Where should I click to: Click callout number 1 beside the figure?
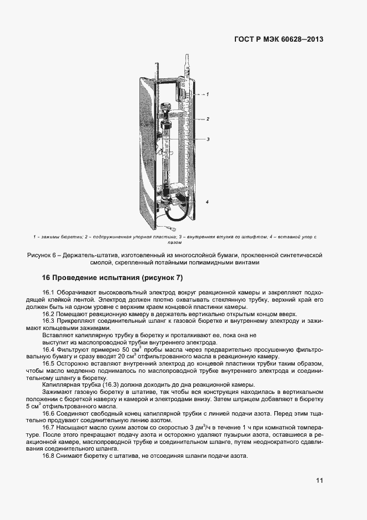[x=207, y=95]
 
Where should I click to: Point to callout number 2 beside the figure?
[x=207, y=119]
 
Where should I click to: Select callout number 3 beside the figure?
[x=207, y=139]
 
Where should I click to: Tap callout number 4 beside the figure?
[x=207, y=202]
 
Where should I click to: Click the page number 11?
[x=319, y=481]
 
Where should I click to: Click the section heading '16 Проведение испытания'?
[x=91, y=278]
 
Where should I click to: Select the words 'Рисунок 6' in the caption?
[x=43, y=255]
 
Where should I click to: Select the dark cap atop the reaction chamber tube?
[x=165, y=108]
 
